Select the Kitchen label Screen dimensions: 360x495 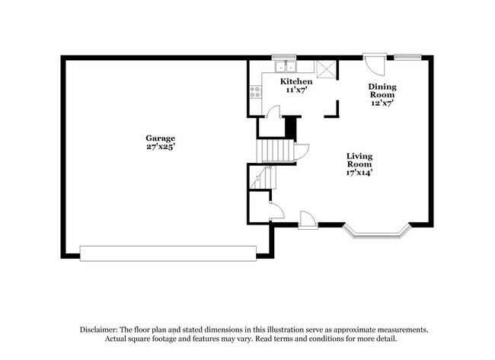pyautogui.click(x=295, y=81)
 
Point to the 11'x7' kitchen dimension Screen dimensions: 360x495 pyautogui.click(x=295, y=90)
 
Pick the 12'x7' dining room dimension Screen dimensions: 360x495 pyautogui.click(x=383, y=104)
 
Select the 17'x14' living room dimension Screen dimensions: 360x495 pyautogui.click(x=359, y=172)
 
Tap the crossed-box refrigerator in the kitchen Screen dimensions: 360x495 pyautogui.click(x=326, y=68)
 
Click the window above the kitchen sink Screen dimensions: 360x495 pyautogui.click(x=284, y=56)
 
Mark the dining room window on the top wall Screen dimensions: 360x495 pyautogui.click(x=408, y=56)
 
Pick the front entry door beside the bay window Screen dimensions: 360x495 pyautogui.click(x=308, y=221)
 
